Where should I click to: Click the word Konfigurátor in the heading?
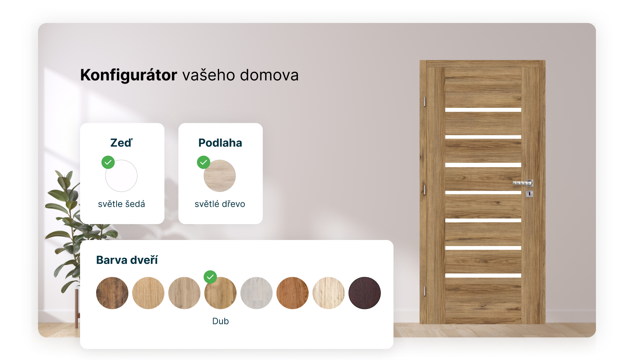pyautogui.click(x=128, y=75)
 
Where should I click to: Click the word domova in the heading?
pyautogui.click(x=269, y=75)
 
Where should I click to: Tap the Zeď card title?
pyautogui.click(x=121, y=143)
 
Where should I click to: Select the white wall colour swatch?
pyautogui.click(x=121, y=176)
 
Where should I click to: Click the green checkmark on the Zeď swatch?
pyautogui.click(x=108, y=162)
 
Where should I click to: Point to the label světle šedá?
pyautogui.click(x=121, y=204)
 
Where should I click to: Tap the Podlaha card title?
pyautogui.click(x=220, y=143)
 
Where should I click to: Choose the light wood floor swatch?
pyautogui.click(x=220, y=176)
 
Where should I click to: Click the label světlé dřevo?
pyautogui.click(x=220, y=204)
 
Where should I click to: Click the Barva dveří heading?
pyautogui.click(x=127, y=260)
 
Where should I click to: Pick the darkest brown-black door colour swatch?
pyautogui.click(x=365, y=293)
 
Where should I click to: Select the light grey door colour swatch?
pyautogui.click(x=256, y=293)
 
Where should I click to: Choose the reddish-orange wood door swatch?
pyautogui.click(x=292, y=293)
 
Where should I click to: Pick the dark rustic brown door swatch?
pyautogui.click(x=112, y=293)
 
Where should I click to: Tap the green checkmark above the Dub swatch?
pyautogui.click(x=210, y=277)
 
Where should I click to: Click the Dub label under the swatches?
pyautogui.click(x=220, y=321)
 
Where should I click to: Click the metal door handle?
pyautogui.click(x=523, y=183)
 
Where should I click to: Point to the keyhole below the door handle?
pyautogui.click(x=529, y=194)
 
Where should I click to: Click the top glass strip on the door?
pyautogui.click(x=483, y=110)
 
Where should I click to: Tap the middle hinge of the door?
pyautogui.click(x=424, y=190)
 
